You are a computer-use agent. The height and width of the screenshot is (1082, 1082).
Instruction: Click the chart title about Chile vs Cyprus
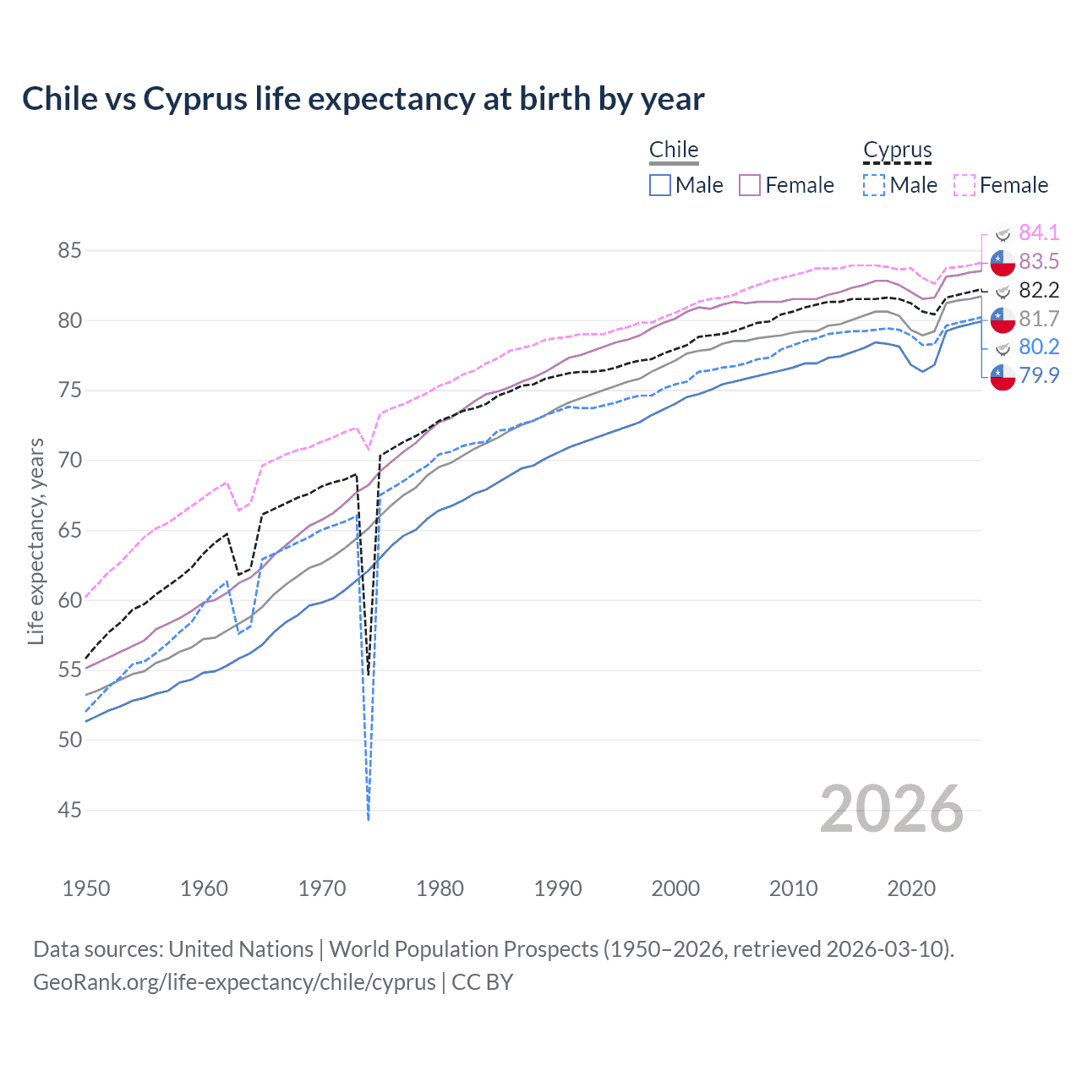click(x=363, y=99)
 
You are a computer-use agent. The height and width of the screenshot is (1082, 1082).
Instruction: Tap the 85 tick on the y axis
click(x=70, y=251)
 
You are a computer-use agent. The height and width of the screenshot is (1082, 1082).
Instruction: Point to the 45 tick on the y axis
click(x=70, y=811)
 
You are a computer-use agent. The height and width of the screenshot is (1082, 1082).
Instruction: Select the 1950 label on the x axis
click(x=86, y=888)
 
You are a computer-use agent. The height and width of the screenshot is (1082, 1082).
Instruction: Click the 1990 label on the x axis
click(x=558, y=888)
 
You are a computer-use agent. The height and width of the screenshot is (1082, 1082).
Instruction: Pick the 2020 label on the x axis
click(x=911, y=888)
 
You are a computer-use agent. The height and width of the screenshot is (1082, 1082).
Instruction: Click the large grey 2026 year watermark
click(x=891, y=809)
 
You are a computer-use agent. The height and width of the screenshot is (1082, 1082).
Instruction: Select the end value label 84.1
click(x=1039, y=232)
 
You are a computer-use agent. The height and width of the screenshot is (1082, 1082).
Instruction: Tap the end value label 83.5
click(x=1039, y=261)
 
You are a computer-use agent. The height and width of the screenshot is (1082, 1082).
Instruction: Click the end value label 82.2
click(x=1039, y=290)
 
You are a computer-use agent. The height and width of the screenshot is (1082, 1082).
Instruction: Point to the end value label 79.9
click(x=1039, y=375)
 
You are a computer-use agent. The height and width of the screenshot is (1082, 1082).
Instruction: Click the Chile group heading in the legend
click(x=674, y=150)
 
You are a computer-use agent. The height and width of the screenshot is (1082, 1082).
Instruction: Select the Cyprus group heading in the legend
click(x=897, y=150)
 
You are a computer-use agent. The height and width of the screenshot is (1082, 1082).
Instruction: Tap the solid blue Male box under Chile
click(x=660, y=185)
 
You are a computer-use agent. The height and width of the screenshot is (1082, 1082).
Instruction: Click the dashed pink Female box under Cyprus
click(x=965, y=185)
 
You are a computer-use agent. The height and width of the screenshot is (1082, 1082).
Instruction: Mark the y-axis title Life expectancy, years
click(x=36, y=541)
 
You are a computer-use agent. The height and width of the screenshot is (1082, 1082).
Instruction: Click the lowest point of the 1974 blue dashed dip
click(x=369, y=818)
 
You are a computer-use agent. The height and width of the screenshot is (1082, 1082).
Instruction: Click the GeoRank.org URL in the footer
click(x=234, y=982)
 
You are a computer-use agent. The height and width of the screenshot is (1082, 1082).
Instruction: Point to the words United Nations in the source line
click(x=241, y=949)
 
